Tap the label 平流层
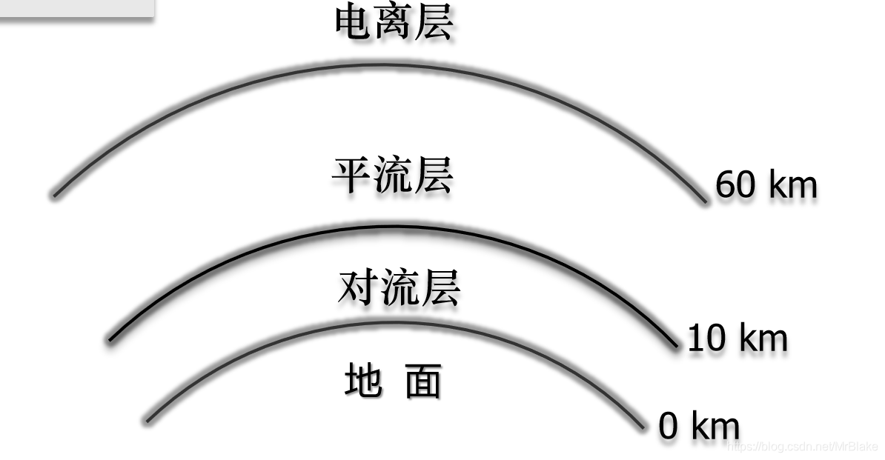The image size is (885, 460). coord(391,176)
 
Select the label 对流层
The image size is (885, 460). coord(398,288)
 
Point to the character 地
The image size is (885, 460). coord(363,381)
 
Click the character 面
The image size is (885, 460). coord(423,381)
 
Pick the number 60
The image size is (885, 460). coord(735,184)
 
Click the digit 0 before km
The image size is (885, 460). coord(669,427)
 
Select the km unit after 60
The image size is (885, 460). coord(792,184)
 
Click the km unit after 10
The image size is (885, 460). coord(762,339)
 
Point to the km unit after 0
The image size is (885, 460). coord(715,427)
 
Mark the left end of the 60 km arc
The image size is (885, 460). coord(54,196)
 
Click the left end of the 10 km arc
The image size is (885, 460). coord(110,339)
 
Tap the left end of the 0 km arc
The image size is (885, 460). coord(147,421)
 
